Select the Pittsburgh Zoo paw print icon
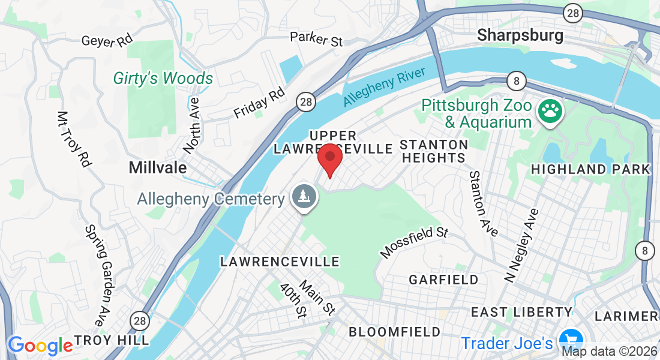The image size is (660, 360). coord(550,112)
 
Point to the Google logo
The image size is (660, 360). coord(40,346)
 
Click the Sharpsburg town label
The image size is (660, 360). coord(520,35)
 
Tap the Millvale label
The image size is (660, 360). coord(158,168)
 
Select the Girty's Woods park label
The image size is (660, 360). coord(163,79)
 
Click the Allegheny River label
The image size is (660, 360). coord(385,88)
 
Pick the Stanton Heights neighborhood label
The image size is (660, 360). coord(434,151)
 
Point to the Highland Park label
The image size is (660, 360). coord(591,169)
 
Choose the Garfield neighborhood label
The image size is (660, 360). coord(443,280)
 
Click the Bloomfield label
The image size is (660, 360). coord(394,332)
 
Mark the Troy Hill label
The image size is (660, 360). coord(112,340)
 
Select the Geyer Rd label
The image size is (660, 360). coord(107,41)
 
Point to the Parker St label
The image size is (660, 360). coord(316,39)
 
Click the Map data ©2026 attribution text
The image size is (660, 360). coord(609,351)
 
